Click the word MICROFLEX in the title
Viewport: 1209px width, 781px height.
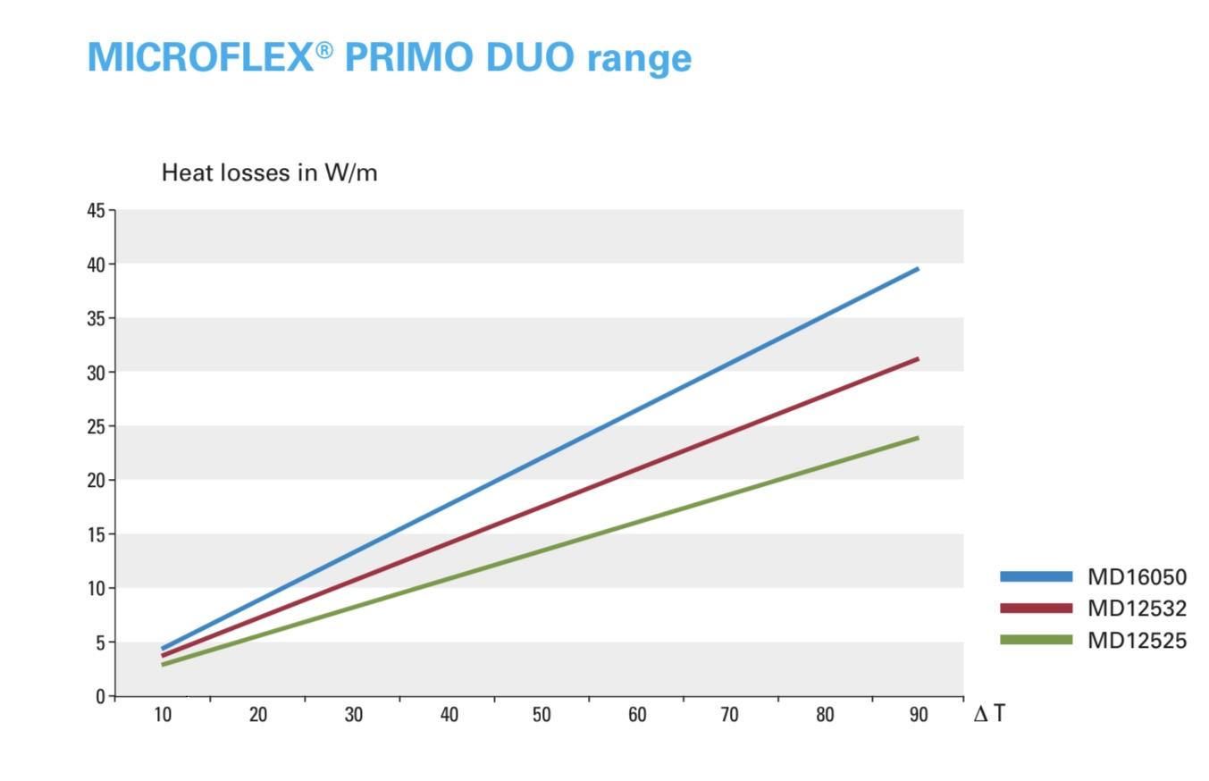(200, 56)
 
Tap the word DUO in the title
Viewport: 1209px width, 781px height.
(530, 56)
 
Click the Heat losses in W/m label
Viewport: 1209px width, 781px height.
(269, 172)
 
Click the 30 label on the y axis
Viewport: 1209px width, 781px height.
(97, 373)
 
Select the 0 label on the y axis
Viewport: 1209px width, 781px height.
(100, 697)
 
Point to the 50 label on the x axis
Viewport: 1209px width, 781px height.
(542, 715)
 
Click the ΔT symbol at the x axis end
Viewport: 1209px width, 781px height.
(989, 713)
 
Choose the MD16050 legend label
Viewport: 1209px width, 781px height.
(1138, 577)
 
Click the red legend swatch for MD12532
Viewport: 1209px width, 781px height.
(1037, 609)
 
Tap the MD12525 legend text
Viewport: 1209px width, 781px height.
(1138, 641)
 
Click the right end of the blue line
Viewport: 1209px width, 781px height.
(918, 269)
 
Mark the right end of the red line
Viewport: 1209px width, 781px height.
(918, 359)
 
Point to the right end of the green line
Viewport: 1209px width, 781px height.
(918, 438)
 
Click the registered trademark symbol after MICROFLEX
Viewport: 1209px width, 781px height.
(324, 50)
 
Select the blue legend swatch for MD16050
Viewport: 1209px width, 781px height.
(1037, 576)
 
